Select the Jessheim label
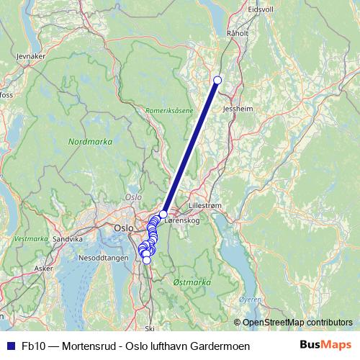[x=239, y=109]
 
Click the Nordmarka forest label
[x=90, y=143]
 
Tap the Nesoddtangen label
[x=102, y=256]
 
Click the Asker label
[x=44, y=268]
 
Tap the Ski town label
[x=150, y=328]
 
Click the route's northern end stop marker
[x=217, y=80]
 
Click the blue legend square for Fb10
[x=10, y=346]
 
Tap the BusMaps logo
[x=325, y=346]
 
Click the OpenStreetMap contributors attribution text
[x=297, y=323]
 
